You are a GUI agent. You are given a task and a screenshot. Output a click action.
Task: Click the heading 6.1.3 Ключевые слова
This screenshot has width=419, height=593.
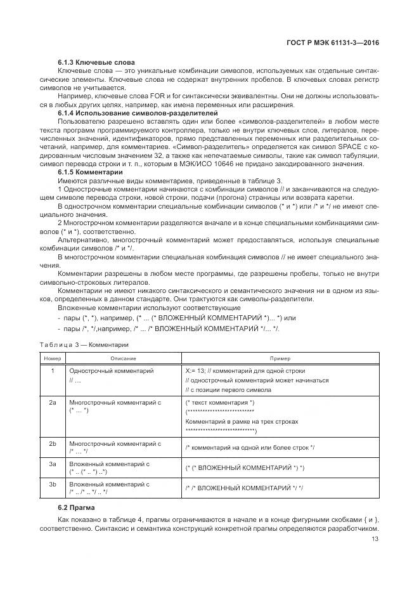click(96, 62)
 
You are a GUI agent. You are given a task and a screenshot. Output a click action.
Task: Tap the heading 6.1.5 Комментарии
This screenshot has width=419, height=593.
click(90, 171)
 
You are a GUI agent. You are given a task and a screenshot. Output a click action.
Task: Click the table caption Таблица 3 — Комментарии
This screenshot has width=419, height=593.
click(84, 345)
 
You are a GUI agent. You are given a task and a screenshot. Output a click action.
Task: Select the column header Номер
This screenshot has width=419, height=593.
click(53, 358)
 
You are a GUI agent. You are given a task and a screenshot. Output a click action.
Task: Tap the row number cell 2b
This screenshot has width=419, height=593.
click(53, 443)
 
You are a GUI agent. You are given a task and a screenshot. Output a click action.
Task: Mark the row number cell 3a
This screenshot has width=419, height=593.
click(53, 464)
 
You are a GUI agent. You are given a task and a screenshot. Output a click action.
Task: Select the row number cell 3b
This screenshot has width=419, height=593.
click(53, 484)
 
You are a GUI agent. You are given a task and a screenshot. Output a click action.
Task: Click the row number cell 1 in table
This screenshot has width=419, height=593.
click(53, 370)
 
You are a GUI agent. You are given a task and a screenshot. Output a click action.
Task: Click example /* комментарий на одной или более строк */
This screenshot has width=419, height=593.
click(250, 448)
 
